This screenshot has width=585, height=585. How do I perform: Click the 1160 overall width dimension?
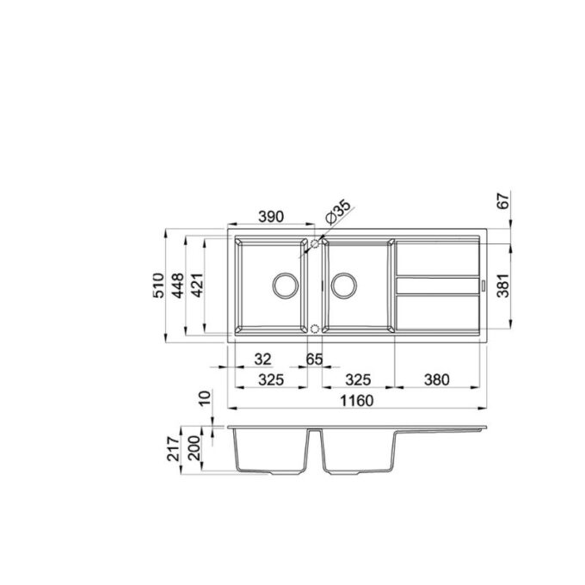(357, 401)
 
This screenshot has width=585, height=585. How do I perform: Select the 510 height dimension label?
(158, 286)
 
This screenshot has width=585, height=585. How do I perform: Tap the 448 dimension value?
(178, 286)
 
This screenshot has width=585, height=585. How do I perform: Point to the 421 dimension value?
(197, 286)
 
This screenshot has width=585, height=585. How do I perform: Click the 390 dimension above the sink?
(271, 217)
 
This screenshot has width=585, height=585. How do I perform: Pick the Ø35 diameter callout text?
(338, 212)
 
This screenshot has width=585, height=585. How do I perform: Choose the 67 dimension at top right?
(503, 200)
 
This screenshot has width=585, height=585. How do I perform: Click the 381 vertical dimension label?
(503, 286)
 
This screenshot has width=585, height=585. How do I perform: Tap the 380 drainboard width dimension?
(436, 379)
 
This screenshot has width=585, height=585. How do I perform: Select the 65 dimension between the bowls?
(314, 360)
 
